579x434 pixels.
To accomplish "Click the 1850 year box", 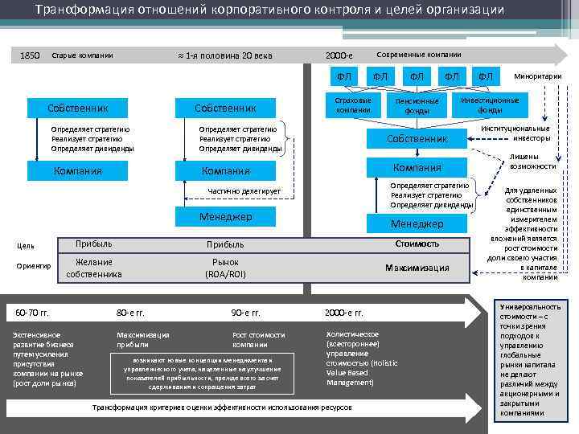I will pos(30,55).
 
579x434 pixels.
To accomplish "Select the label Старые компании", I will pos(82,55).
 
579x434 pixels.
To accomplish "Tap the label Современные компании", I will pos(419,54).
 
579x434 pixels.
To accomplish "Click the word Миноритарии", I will pos(538,76).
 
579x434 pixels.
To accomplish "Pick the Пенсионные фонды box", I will pos(417,106).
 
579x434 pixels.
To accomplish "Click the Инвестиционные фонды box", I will pos(490,104).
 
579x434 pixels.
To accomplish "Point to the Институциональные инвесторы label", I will pos(515,133).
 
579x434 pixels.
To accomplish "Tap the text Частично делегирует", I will pos(244,191).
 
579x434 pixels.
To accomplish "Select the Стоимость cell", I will pos(417,243).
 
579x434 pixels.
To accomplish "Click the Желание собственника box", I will pos(94,268).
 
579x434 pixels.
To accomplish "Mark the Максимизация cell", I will pos(417,268).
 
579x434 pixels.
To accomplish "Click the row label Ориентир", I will pos(34,266).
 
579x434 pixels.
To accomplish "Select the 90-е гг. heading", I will pos(245,312).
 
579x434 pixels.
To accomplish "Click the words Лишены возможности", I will pos(532,162).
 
